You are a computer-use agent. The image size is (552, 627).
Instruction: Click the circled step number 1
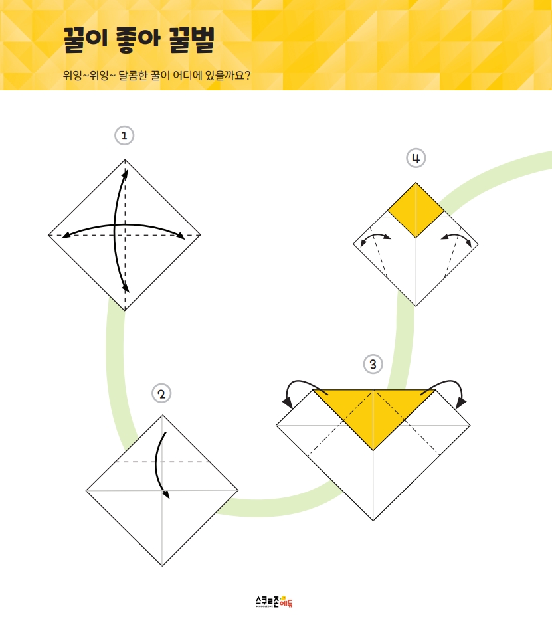tap(124, 135)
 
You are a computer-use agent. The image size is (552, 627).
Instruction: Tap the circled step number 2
tap(161, 393)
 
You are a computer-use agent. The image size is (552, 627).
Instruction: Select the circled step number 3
tap(373, 364)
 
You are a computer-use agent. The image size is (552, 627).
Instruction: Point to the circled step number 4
tap(416, 158)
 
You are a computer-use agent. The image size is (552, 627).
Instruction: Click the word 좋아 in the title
tap(138, 40)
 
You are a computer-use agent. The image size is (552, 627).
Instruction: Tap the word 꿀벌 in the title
tap(191, 40)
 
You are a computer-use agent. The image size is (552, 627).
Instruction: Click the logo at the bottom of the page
tap(274, 602)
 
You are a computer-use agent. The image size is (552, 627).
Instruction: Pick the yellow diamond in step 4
tap(416, 211)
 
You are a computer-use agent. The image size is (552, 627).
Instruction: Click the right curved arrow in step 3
tap(448, 381)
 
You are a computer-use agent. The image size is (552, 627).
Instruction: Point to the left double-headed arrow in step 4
tap(375, 236)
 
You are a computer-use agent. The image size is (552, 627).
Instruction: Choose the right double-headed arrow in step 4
tap(456, 236)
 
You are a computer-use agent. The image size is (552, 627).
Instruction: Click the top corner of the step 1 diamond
tap(125, 160)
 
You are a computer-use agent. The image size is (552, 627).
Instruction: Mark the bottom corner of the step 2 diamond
tap(162, 566)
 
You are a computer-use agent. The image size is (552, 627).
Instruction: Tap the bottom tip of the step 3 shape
tap(373, 521)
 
